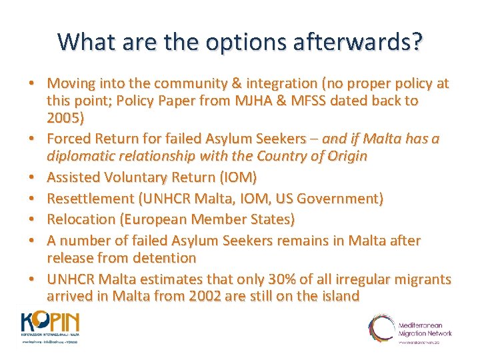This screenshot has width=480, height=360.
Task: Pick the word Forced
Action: [71, 139]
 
